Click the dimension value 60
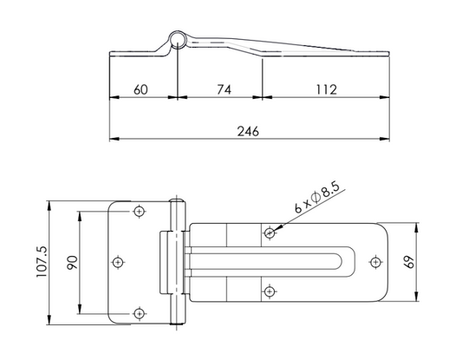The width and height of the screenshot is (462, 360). pos(140,89)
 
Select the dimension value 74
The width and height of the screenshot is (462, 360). pos(224,89)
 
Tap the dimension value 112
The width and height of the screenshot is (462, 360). pos(326,89)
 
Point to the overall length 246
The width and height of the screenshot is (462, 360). pos(248,131)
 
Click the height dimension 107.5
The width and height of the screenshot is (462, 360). pos(42,262)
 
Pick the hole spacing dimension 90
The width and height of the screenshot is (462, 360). pos(72,262)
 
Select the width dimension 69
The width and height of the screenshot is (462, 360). pos(409,262)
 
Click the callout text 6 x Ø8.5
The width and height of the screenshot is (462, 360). pos(316,198)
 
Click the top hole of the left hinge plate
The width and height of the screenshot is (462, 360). pos(139,211)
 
